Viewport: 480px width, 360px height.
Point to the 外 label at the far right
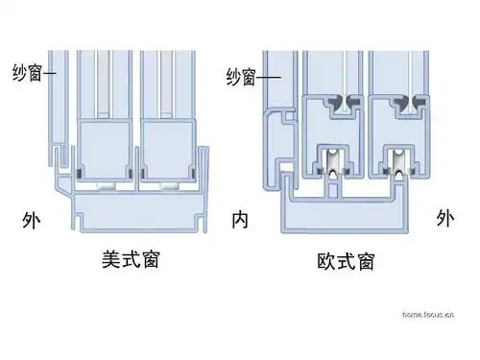[x=444, y=218]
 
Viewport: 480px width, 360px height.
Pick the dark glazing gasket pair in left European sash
[x=343, y=101]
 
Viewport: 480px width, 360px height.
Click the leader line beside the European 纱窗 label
[x=268, y=77]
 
